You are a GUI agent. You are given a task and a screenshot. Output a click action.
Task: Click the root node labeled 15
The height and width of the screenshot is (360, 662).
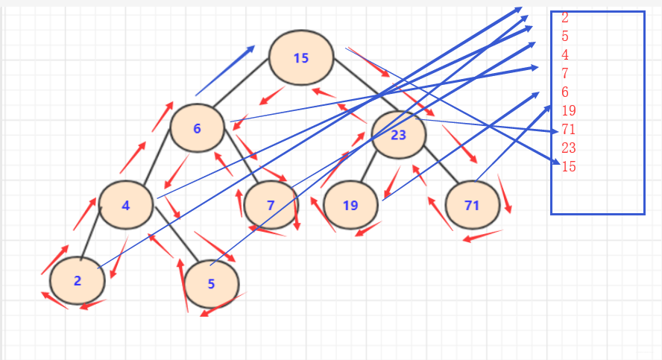(x=300, y=57)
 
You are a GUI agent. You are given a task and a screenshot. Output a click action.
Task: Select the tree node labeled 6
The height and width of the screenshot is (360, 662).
(x=198, y=127)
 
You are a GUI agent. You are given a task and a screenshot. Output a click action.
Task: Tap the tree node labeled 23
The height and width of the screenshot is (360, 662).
(x=398, y=135)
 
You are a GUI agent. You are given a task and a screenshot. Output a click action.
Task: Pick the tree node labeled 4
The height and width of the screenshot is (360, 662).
(x=126, y=205)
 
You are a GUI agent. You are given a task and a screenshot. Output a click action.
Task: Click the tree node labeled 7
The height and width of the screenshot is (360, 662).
(x=271, y=205)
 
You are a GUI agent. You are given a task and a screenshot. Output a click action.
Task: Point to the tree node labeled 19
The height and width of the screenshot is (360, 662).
(x=350, y=205)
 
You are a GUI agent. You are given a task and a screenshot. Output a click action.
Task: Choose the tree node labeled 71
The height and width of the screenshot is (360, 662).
(x=472, y=205)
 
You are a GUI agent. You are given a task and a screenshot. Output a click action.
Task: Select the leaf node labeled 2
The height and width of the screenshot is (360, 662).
(x=78, y=281)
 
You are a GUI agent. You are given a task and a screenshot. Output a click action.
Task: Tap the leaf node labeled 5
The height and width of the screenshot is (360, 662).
(x=211, y=283)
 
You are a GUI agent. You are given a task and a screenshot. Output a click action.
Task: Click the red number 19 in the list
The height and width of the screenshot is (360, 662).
(x=568, y=111)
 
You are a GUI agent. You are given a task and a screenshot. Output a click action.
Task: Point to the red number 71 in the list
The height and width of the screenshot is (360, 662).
(x=568, y=130)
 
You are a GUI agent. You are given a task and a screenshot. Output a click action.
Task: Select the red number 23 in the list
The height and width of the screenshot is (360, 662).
(x=568, y=148)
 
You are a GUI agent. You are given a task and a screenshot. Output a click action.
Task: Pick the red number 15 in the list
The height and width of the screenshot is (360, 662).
(x=568, y=166)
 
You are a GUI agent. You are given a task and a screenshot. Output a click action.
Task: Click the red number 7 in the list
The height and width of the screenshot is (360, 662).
(x=564, y=74)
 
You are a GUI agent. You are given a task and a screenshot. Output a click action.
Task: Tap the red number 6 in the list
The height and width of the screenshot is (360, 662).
(x=564, y=92)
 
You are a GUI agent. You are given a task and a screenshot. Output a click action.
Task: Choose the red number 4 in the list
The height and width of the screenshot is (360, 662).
(x=564, y=55)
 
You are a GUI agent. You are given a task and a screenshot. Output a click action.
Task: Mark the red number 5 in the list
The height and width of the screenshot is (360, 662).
(x=564, y=37)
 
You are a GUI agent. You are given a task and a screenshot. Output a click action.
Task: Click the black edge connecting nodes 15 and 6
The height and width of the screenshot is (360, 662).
(x=241, y=81)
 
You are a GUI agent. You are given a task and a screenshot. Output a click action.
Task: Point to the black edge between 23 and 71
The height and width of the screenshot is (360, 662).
(x=440, y=168)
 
